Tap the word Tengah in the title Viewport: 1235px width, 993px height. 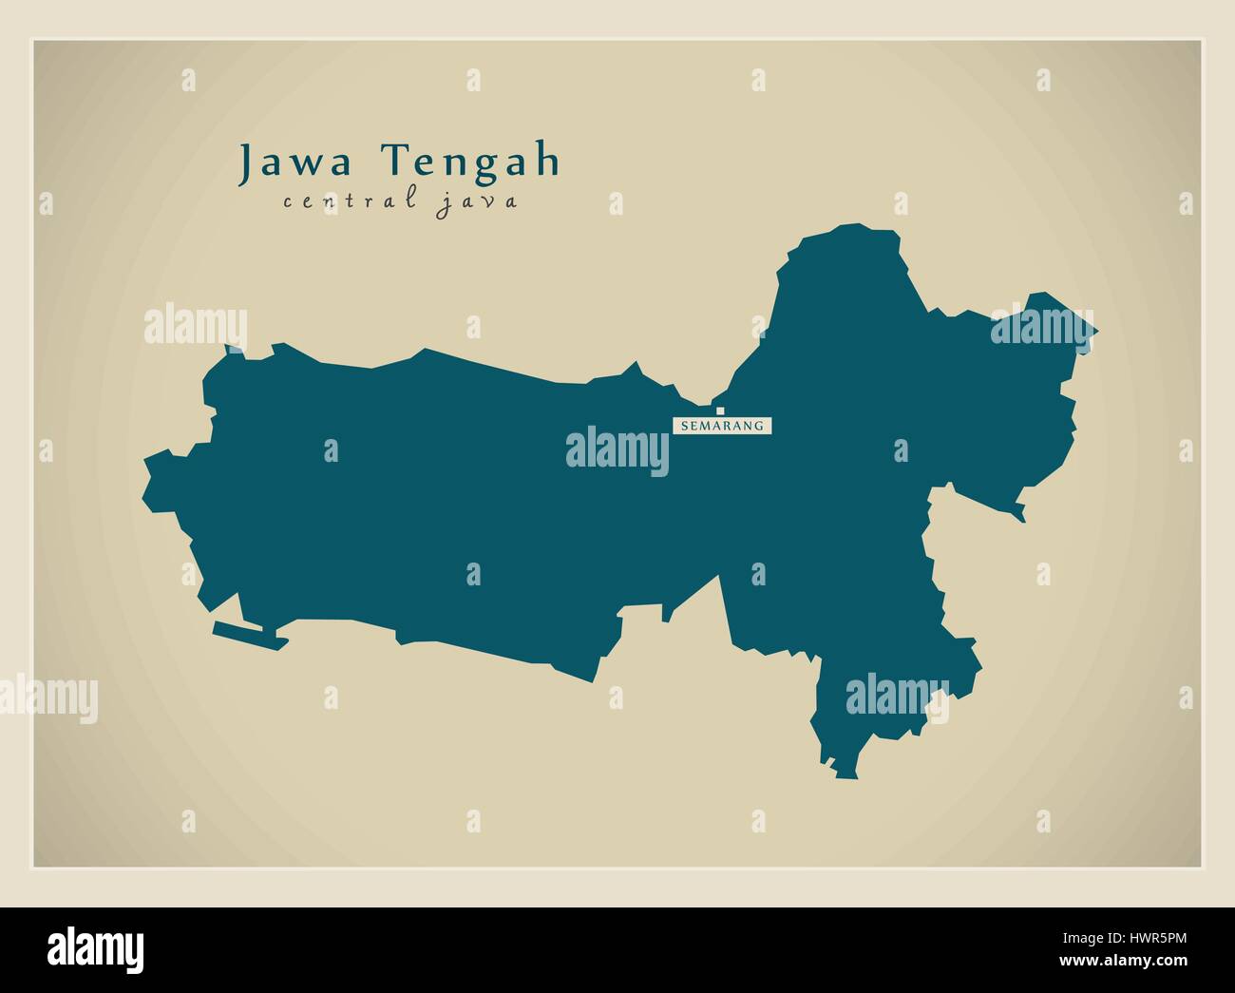click(472, 162)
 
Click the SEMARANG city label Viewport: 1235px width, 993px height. click(722, 426)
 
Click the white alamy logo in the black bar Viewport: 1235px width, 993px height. click(96, 948)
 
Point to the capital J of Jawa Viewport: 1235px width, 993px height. click(245, 162)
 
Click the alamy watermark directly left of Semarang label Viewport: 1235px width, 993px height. click(617, 449)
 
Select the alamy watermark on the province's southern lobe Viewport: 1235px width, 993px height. click(896, 695)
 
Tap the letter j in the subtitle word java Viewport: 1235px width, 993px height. click(442, 203)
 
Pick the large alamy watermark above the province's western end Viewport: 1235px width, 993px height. click(196, 325)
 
